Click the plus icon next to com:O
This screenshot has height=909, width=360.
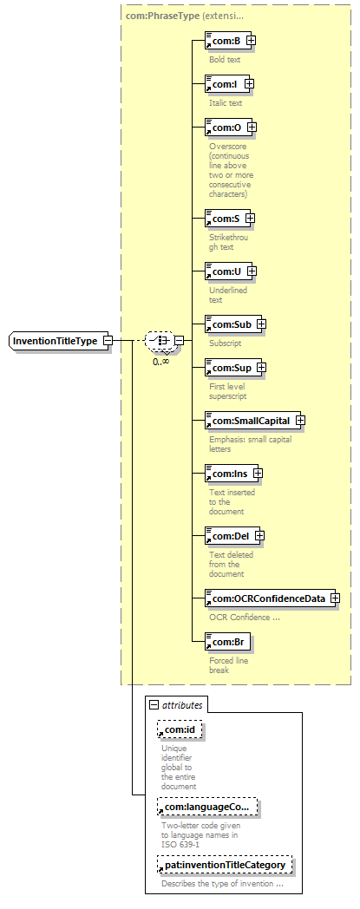tap(252, 127)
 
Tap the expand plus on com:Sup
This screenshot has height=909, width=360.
tap(261, 367)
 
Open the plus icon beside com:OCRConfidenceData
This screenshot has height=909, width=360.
tap(335, 598)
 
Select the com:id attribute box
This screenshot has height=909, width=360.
tap(179, 729)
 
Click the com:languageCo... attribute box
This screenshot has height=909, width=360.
tap(207, 807)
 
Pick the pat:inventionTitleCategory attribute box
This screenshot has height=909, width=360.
tap(225, 866)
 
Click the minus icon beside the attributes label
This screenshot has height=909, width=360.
tap(154, 705)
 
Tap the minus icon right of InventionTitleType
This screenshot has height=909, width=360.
tap(108, 341)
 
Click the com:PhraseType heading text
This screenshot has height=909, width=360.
tap(162, 16)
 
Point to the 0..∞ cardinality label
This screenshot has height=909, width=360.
tap(161, 361)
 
